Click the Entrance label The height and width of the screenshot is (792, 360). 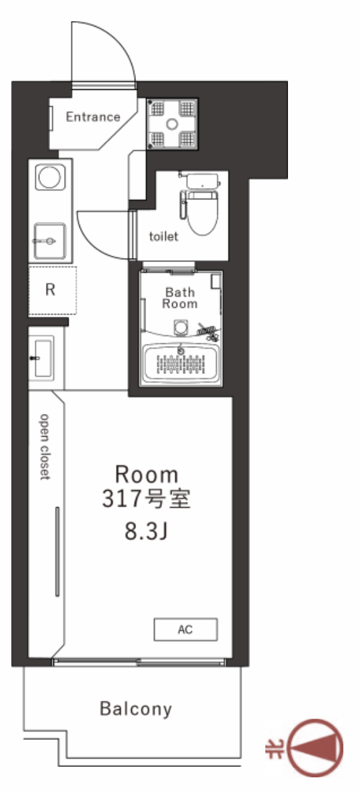93,117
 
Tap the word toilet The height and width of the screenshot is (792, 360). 163,237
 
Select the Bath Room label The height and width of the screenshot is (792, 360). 179,298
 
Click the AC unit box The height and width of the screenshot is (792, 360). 186,629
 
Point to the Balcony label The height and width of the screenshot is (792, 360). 136,709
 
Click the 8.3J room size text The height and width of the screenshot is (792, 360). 146,532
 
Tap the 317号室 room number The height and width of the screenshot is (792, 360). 147,499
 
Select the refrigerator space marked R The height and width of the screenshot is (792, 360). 52,291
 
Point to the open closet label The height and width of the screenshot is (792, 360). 45,447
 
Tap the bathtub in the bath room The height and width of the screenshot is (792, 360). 182,363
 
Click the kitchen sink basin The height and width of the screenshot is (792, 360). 49,241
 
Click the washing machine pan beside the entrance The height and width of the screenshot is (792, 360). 172,124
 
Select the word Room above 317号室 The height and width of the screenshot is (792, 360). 147,475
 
